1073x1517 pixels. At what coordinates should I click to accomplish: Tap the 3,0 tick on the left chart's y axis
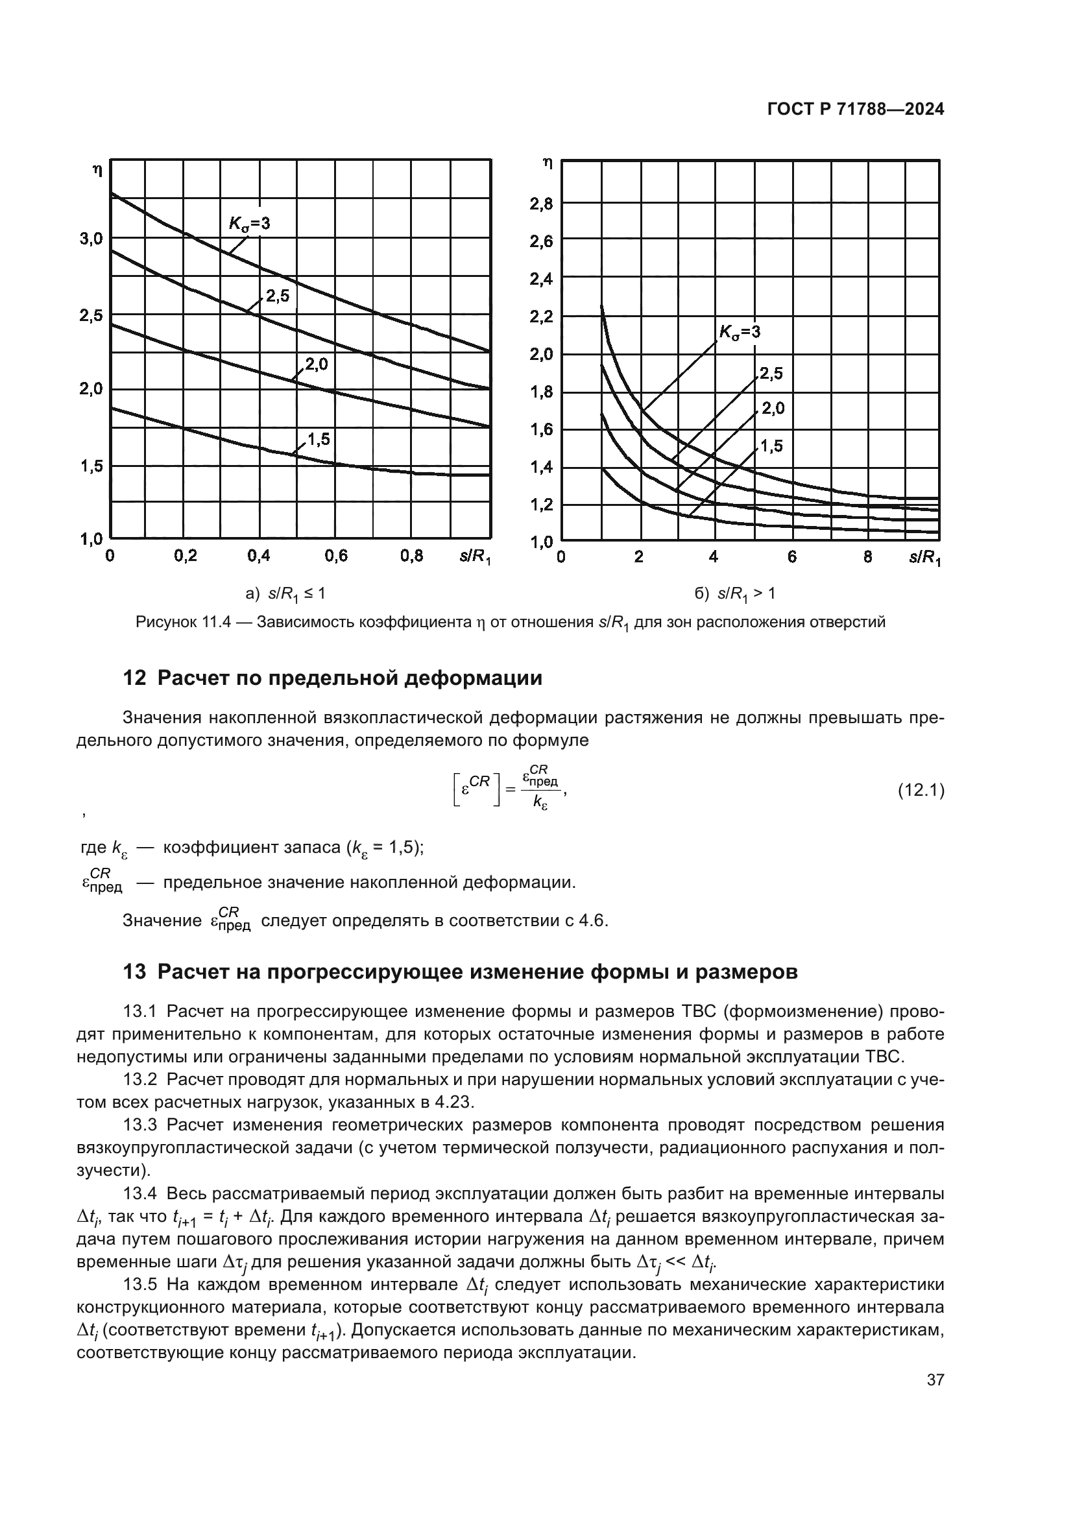[x=92, y=239]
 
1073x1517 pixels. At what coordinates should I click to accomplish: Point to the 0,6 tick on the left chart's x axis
[x=336, y=556]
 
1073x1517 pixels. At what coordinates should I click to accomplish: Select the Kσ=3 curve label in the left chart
[x=250, y=224]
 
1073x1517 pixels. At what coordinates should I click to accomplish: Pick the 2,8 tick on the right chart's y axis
[x=541, y=204]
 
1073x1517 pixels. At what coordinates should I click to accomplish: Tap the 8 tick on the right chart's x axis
[x=867, y=557]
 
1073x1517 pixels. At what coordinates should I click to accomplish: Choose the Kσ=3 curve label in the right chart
[x=740, y=331]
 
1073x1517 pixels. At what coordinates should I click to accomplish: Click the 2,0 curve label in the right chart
[x=773, y=409]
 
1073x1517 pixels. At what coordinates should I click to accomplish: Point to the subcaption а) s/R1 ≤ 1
[x=285, y=594]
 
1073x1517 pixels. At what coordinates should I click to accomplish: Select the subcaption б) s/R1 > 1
[x=735, y=594]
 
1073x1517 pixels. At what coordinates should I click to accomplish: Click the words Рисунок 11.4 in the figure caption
[x=181, y=623]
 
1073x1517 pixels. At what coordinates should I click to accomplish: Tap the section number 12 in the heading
[x=134, y=678]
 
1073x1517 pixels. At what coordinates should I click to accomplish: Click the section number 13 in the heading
[x=134, y=972]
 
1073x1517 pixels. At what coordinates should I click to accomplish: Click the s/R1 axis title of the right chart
[x=924, y=558]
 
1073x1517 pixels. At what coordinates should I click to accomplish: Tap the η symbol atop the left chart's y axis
[x=98, y=170]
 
